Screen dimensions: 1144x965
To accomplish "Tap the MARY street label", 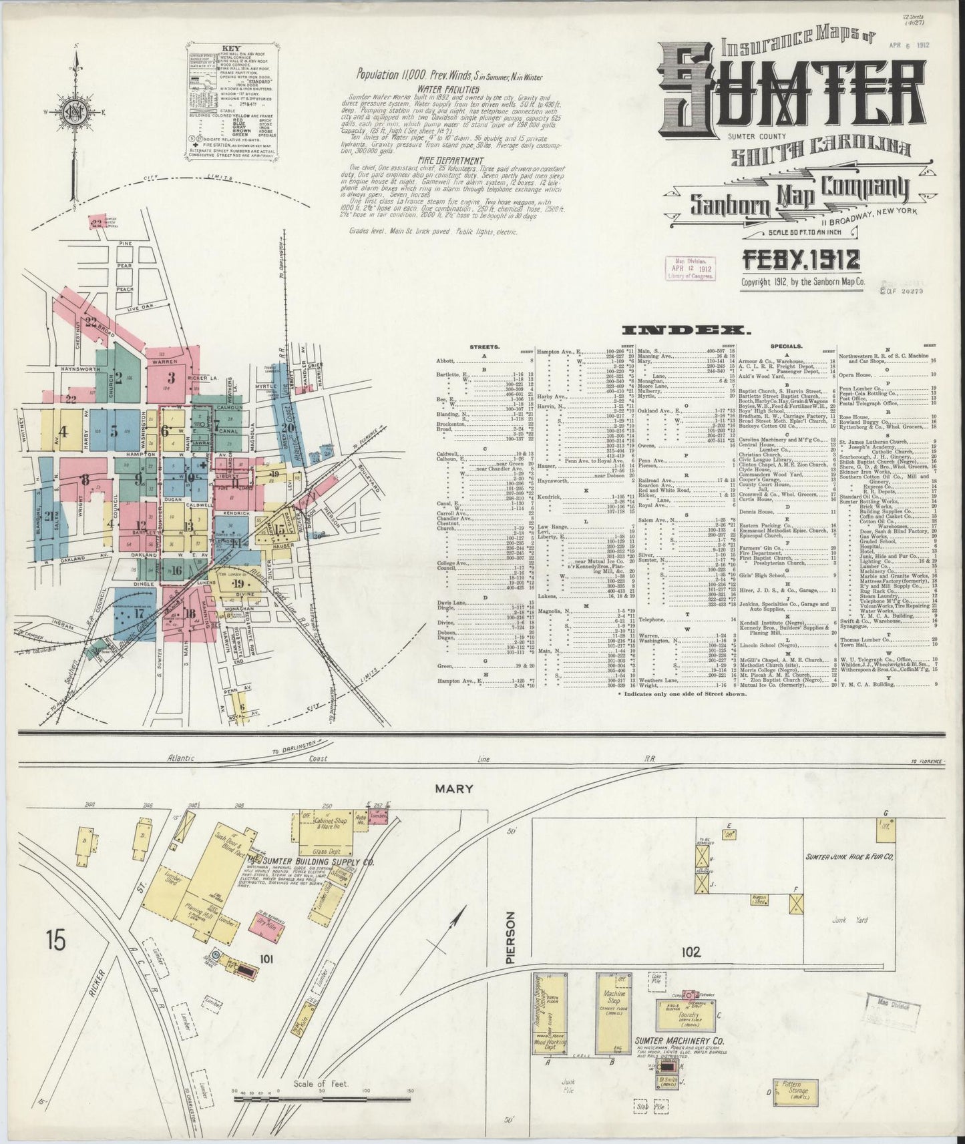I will point(454,788).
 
